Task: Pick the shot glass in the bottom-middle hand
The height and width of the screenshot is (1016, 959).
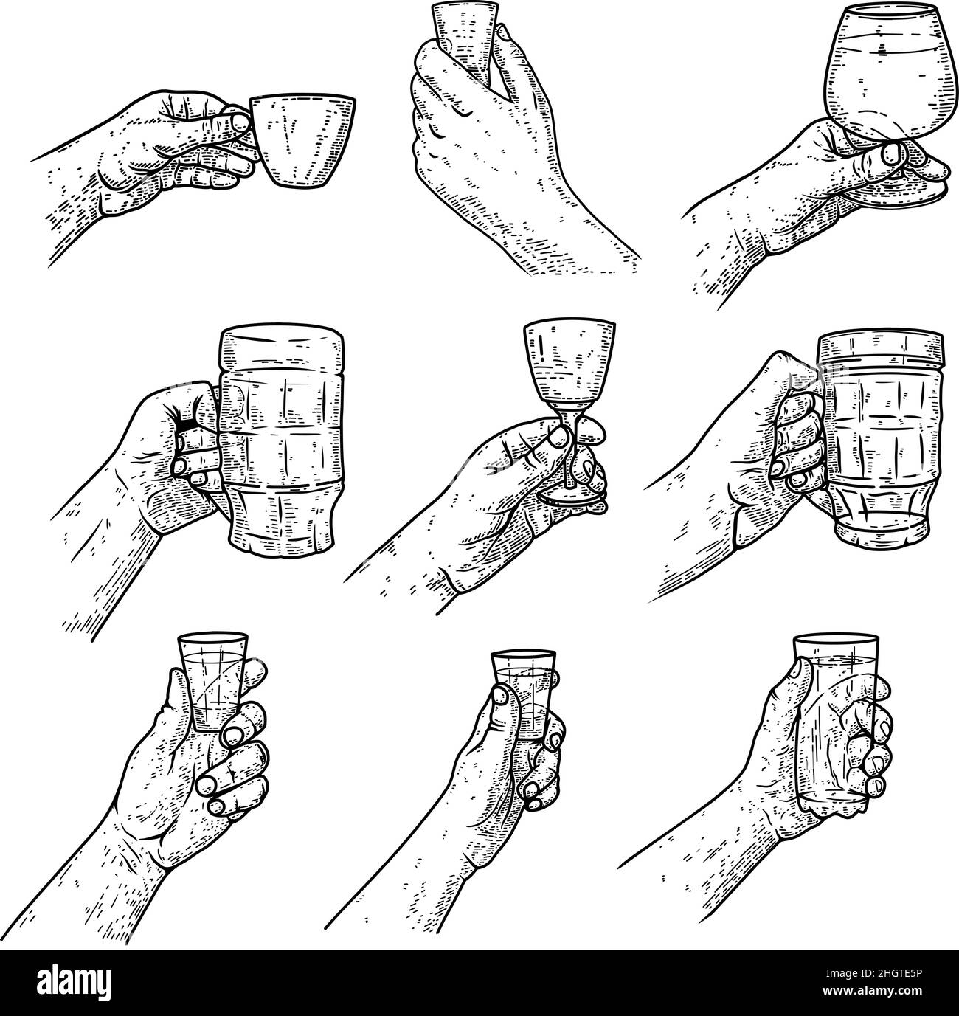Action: (524, 694)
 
